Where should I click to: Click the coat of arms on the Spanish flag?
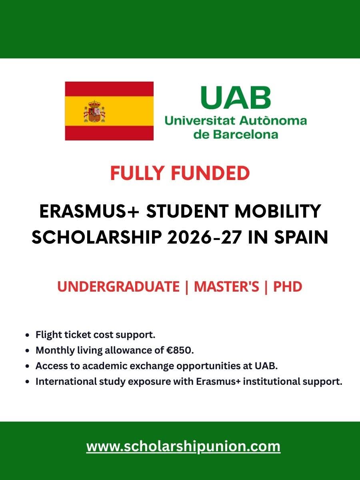pyautogui.click(x=94, y=112)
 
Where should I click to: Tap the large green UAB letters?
pyautogui.click(x=236, y=98)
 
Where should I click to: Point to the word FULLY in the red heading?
pyautogui.click(x=135, y=173)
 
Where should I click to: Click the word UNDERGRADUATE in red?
pyautogui.click(x=118, y=287)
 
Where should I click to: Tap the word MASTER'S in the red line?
pyautogui.click(x=226, y=287)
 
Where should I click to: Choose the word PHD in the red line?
pyautogui.click(x=288, y=287)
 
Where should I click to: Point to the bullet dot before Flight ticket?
pyautogui.click(x=27, y=335)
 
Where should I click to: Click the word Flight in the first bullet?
pyautogui.click(x=47, y=334)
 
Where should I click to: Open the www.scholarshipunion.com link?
pyautogui.click(x=183, y=446)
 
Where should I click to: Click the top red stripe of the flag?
pyautogui.click(x=109, y=89)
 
